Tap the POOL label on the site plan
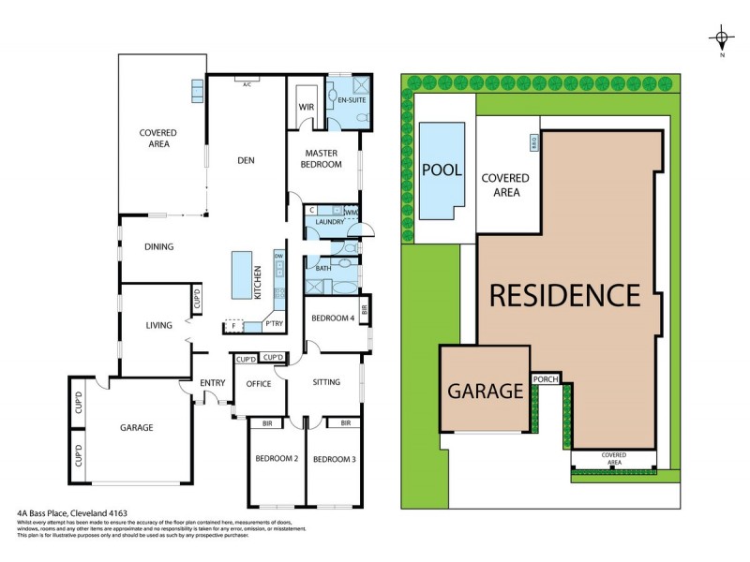[442, 170]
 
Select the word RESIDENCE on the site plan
[565, 296]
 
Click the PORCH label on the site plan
[545, 378]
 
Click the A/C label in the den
[247, 84]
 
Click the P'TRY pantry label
[275, 324]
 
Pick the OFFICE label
[259, 383]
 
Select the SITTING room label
[326, 382]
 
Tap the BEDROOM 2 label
[277, 459]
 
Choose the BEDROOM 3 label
[333, 459]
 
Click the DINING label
[158, 247]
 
